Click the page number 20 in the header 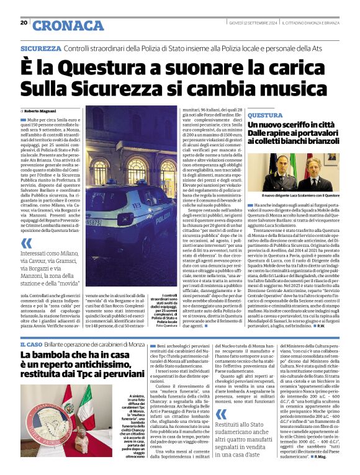(x=24, y=22)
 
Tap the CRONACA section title (x=68, y=25)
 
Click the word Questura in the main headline (x=100, y=65)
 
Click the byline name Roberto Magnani (x=42, y=110)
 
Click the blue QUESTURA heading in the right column (x=265, y=115)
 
